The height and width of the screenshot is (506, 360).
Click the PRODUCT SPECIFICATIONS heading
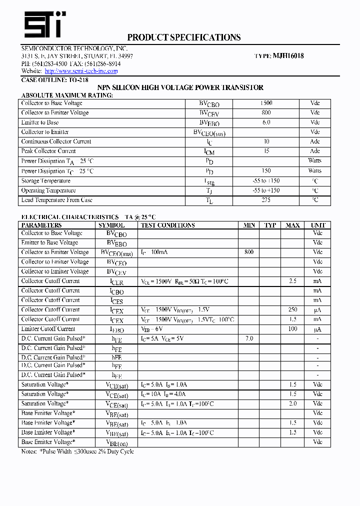(183, 37)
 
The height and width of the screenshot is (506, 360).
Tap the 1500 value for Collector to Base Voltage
(266, 103)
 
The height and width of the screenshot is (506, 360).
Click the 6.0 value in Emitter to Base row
(266, 122)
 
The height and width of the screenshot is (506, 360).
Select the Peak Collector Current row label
(48, 151)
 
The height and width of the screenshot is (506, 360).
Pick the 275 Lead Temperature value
(266, 200)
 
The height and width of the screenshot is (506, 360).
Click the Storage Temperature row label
(46, 181)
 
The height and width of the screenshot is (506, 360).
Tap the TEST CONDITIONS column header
(168, 225)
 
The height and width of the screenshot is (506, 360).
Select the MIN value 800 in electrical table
(249, 252)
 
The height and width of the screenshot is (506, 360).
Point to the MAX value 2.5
(292, 281)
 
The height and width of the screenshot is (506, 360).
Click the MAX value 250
(292, 310)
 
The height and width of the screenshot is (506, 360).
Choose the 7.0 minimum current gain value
(249, 338)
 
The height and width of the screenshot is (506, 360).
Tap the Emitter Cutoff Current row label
(48, 329)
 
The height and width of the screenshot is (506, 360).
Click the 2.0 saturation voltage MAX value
(292, 403)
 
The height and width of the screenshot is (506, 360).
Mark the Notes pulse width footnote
(77, 451)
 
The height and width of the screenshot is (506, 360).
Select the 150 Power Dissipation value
(266, 171)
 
